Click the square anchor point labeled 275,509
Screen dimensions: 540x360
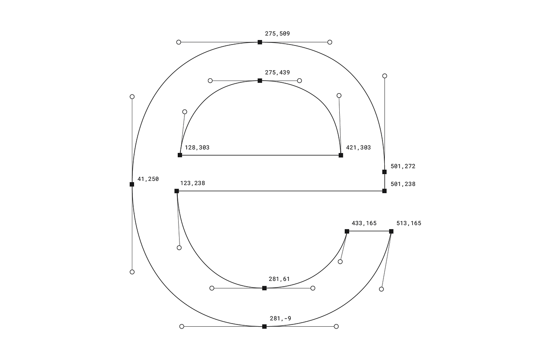click(x=260, y=42)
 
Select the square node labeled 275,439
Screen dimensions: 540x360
click(x=260, y=81)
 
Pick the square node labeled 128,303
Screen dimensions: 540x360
click(x=180, y=155)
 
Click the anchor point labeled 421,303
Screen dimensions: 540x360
click(x=341, y=155)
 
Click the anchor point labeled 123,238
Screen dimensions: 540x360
click(x=177, y=191)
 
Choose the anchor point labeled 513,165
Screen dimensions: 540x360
click(x=391, y=231)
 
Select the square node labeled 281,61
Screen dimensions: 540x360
click(x=264, y=288)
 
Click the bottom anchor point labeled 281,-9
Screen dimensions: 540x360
click(x=264, y=327)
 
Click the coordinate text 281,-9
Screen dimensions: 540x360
click(x=280, y=319)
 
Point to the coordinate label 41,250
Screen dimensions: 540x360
click(x=148, y=179)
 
